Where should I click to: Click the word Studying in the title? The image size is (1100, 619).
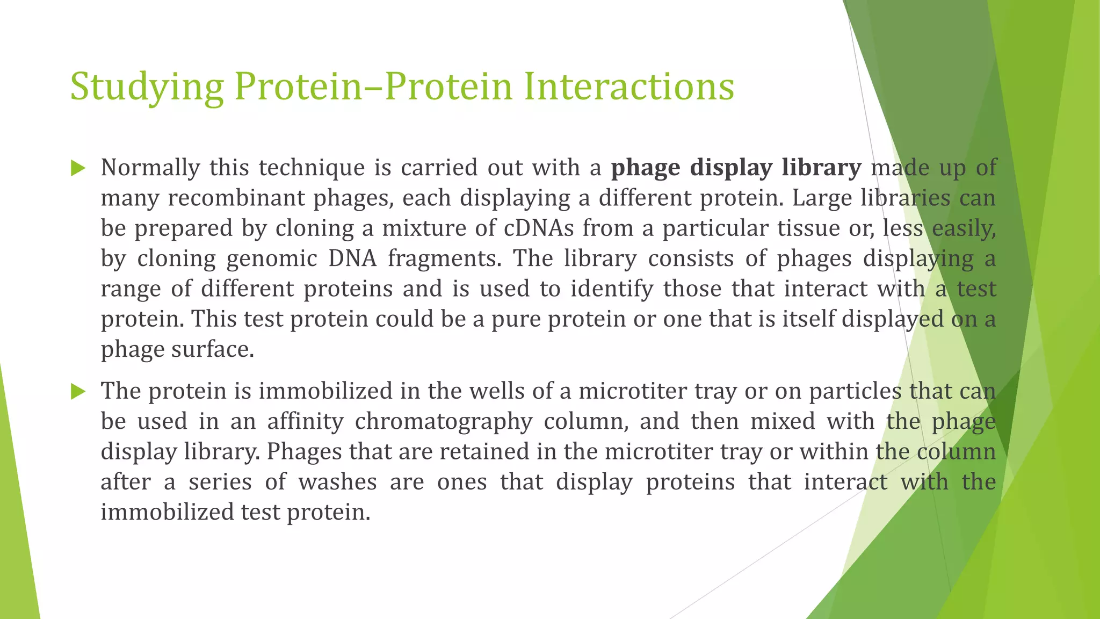(146, 87)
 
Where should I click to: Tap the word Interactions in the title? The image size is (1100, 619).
(628, 87)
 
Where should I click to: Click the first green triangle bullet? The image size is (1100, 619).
(78, 169)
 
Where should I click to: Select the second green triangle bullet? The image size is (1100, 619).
(78, 392)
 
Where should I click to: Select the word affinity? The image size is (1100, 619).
(305, 421)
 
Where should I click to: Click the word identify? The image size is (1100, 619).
(611, 289)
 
